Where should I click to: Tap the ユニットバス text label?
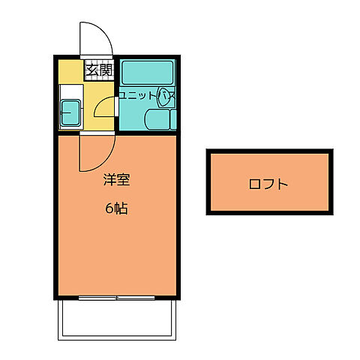[145, 95]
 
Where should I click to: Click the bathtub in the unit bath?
[146, 73]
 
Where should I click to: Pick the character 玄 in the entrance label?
[91, 70]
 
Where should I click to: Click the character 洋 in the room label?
[109, 180]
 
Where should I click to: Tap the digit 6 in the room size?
[109, 208]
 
